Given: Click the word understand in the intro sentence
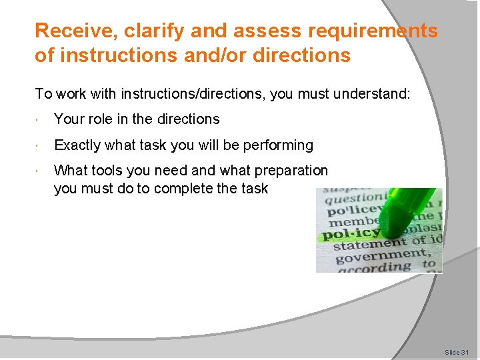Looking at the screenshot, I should (375, 93).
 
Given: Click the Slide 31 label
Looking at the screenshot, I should (457, 351).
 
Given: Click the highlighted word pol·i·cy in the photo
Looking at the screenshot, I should (351, 234).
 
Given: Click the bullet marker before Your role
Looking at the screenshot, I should (41, 120).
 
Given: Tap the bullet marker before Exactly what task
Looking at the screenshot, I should (41, 146).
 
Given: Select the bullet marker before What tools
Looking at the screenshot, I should (41, 171).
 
